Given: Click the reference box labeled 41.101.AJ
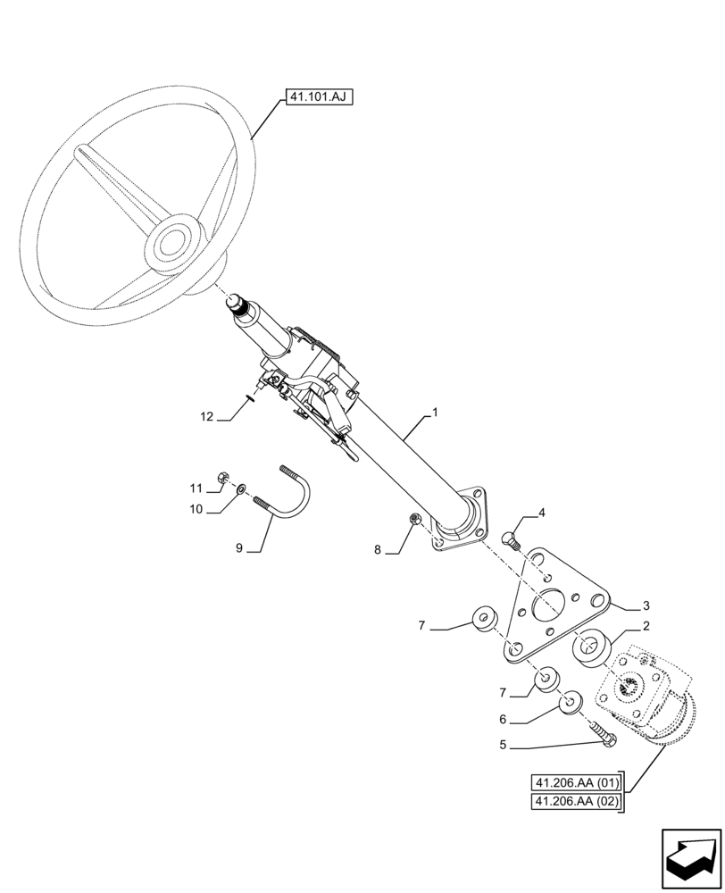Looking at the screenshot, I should [x=318, y=96].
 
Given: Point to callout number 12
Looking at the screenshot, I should [x=207, y=415].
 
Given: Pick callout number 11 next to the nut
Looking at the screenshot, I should [x=196, y=488].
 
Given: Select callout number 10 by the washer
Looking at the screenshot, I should [x=196, y=509].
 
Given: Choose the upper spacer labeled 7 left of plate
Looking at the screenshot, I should [x=486, y=616].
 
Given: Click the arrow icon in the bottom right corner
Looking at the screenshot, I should [x=689, y=859].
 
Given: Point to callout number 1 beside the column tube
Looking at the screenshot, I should [x=435, y=413].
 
